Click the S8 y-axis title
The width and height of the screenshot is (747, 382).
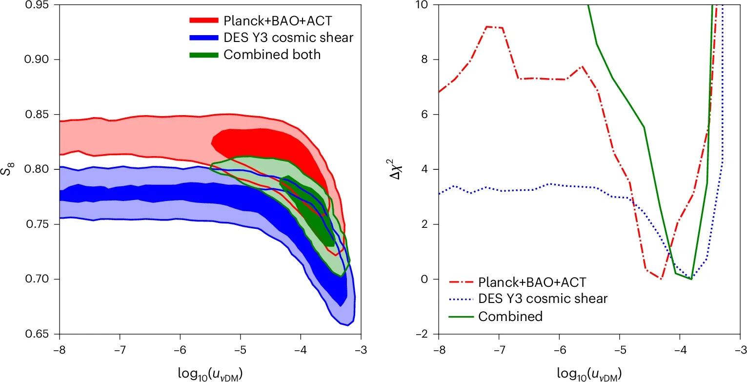[11, 169]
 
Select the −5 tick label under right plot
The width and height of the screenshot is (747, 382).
[620, 350]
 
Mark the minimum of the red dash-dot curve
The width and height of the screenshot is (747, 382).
[661, 279]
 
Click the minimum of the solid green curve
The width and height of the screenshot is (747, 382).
[691, 279]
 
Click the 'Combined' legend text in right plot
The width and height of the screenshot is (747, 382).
[510, 316]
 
